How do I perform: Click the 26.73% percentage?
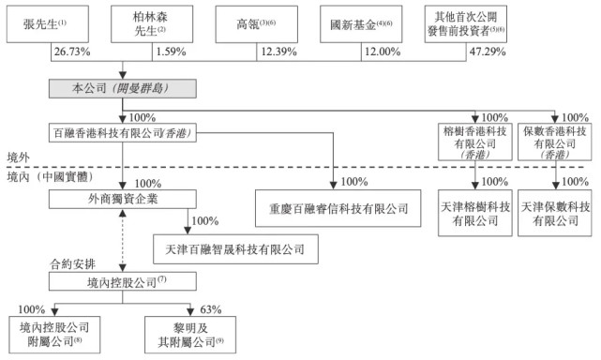click(x=73, y=52)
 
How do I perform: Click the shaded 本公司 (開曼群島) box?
click(x=123, y=89)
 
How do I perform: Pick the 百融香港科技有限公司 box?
click(x=123, y=133)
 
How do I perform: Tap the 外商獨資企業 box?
click(x=123, y=199)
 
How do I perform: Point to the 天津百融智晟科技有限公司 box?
click(x=230, y=248)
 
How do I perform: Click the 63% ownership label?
click(x=211, y=308)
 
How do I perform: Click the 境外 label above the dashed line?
click(x=18, y=156)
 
